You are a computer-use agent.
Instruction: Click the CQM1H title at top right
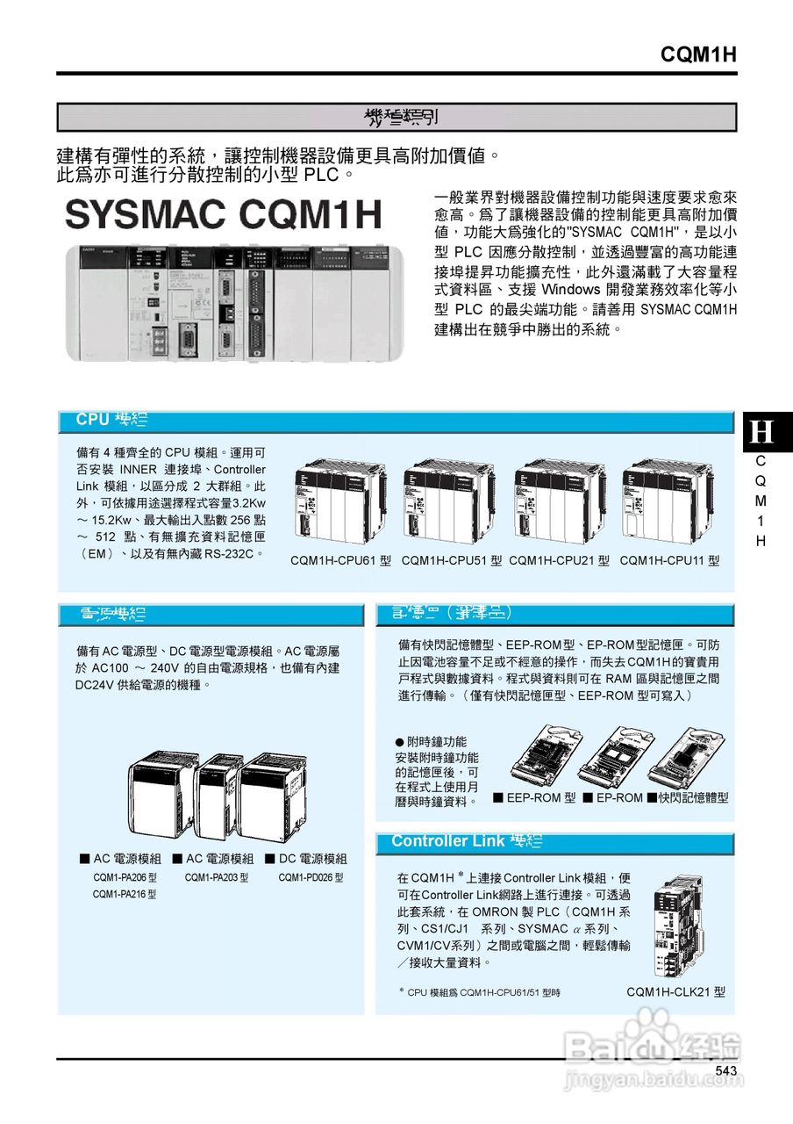point(697,55)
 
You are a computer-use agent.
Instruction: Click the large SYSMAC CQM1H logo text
point(225,214)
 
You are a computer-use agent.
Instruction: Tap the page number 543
point(725,1070)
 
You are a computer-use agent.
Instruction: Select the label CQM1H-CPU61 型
point(340,560)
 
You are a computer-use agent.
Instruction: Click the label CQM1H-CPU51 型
point(451,560)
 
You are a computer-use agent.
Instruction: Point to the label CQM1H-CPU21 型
point(559,560)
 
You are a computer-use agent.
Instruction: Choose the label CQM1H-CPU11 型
point(669,560)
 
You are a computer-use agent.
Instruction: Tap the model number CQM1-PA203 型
point(217,877)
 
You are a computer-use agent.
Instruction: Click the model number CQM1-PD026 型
point(311,877)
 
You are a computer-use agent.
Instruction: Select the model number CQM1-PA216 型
point(125,894)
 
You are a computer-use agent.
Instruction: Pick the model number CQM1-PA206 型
point(125,877)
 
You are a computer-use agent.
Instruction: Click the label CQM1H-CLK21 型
point(676,991)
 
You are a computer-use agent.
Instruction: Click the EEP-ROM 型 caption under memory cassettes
point(534,797)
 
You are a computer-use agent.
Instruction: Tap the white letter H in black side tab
point(762,432)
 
